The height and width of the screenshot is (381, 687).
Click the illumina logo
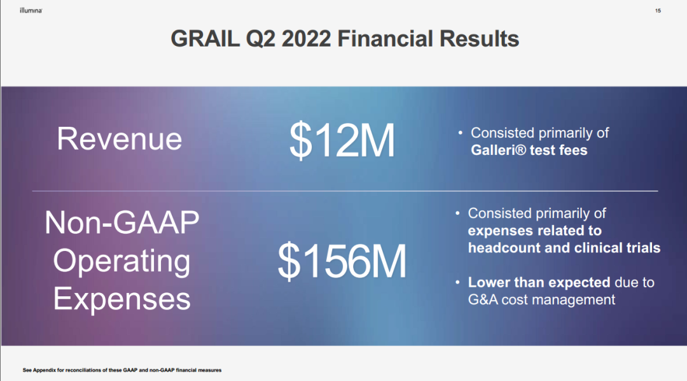31,10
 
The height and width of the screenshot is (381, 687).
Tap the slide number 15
658,11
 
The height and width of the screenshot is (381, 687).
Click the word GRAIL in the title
205,39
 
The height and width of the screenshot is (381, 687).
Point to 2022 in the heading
306,39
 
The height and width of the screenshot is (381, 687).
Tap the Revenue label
119,139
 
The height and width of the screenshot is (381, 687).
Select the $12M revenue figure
342,140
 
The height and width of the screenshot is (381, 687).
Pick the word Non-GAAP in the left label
121,222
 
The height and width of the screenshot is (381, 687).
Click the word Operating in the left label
121,261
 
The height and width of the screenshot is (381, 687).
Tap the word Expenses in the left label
121,299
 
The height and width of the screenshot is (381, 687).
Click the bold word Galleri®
497,150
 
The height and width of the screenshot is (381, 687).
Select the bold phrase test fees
559,150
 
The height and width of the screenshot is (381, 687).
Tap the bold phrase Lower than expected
539,282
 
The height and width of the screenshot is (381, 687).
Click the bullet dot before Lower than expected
457,282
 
